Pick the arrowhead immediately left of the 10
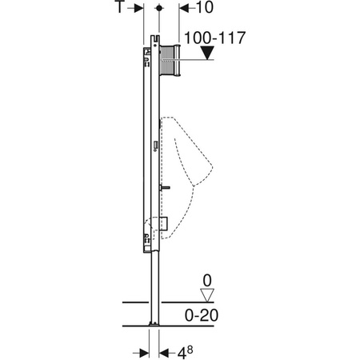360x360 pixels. [180, 8]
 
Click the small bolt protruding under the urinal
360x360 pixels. [164, 189]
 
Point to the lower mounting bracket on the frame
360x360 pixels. [147, 237]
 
